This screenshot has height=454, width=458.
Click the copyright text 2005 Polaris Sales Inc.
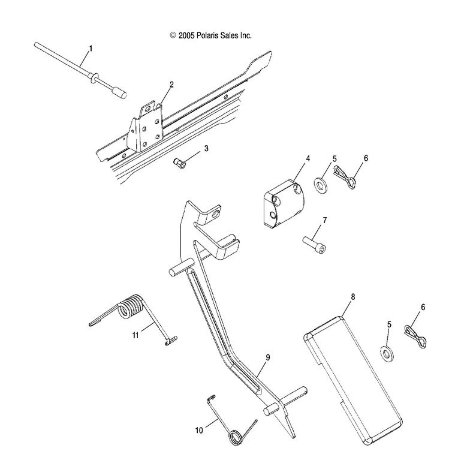coord(210,36)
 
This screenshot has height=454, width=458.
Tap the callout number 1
coord(91,47)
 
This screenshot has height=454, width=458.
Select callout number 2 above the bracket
coord(171,85)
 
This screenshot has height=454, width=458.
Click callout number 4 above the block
coord(308,158)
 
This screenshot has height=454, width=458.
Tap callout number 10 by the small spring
coord(199,429)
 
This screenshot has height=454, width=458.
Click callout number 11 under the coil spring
coord(135,335)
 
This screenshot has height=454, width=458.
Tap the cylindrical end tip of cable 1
coord(118,93)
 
